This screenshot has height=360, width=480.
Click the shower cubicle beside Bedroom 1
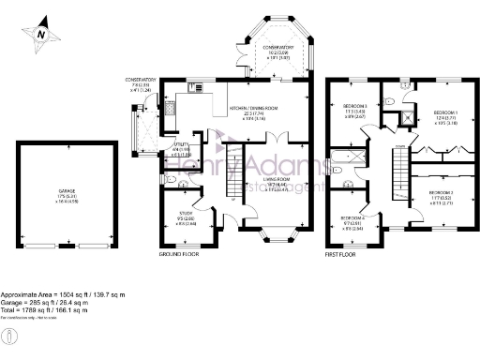(406, 118)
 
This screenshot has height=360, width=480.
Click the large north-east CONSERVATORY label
(278, 49)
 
